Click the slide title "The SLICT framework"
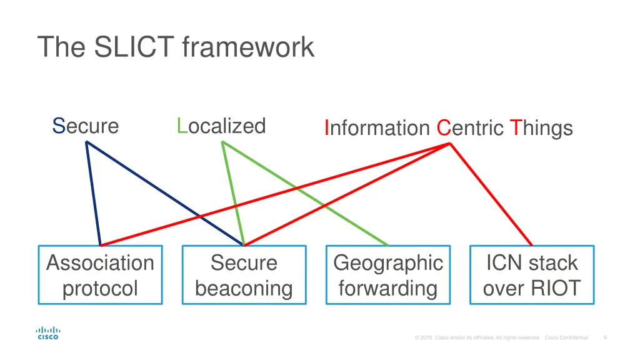coord(176,47)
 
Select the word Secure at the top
coord(86,126)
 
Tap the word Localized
coord(221,126)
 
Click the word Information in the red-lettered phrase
coord(377,128)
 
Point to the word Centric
coord(469,128)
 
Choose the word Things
coord(541,128)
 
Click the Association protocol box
coord(100,275)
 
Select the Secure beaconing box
coord(244,275)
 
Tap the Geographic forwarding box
coord(388,275)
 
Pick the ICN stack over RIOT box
coord(532,275)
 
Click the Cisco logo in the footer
coord(48,333)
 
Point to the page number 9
coord(605,337)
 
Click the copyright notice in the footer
coord(501,337)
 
